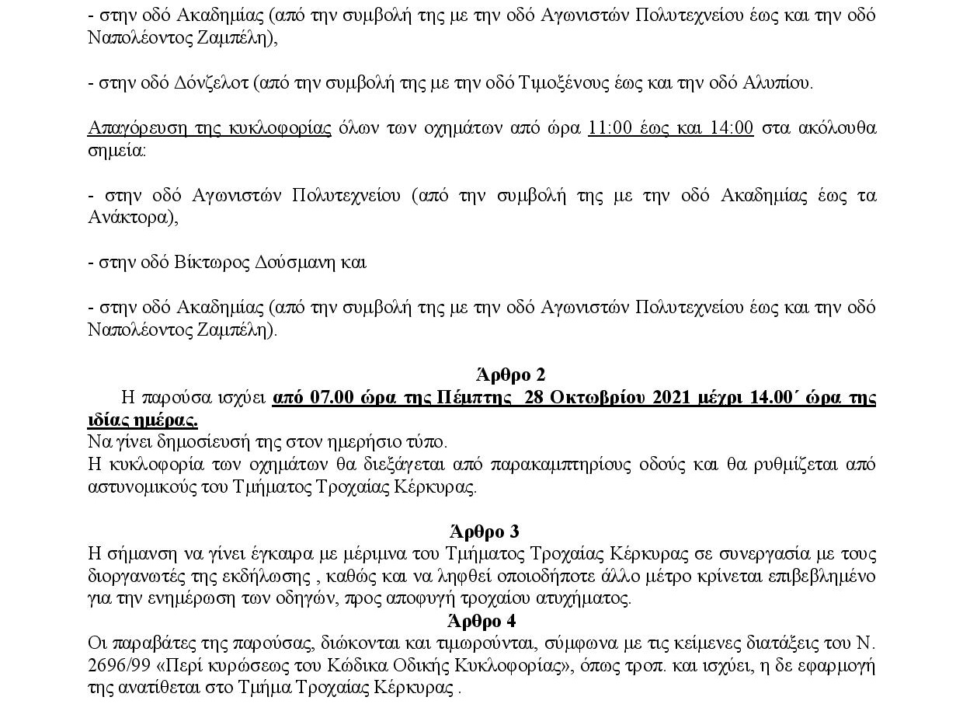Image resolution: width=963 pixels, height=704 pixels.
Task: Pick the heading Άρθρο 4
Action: pos(481,621)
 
